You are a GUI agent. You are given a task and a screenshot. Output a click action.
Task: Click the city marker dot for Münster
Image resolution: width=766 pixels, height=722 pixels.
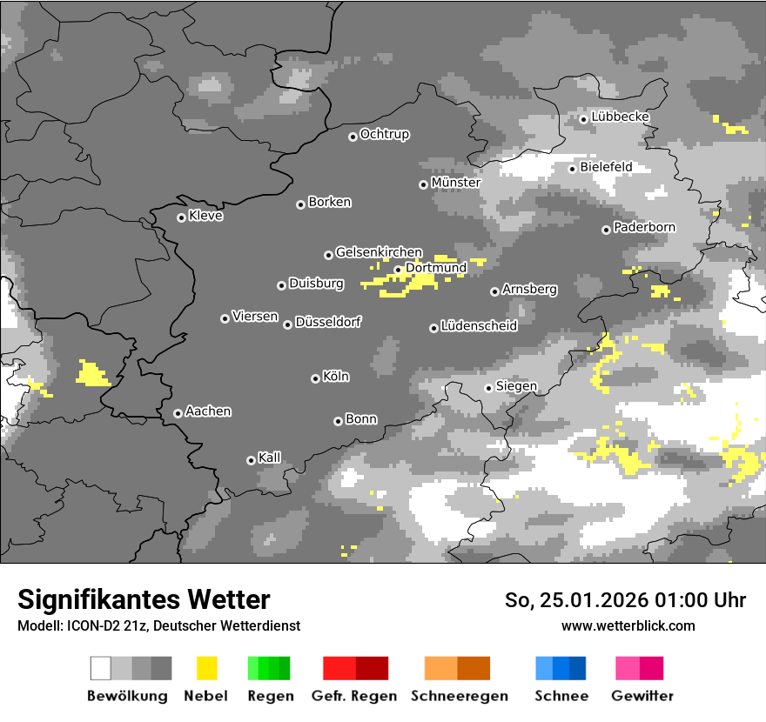click(423, 184)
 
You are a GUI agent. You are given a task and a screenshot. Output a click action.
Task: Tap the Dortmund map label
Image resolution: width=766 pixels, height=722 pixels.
click(436, 268)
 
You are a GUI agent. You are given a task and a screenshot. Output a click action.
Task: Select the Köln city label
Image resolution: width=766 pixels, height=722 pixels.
click(336, 377)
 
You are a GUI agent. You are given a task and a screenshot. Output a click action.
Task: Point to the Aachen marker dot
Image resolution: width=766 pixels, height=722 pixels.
click(178, 413)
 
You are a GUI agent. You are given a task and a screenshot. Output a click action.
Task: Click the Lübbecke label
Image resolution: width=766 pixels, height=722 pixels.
click(621, 117)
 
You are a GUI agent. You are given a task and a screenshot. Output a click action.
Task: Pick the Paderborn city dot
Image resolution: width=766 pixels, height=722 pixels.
click(606, 230)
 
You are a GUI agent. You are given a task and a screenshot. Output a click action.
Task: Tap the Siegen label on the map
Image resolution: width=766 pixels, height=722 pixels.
click(516, 386)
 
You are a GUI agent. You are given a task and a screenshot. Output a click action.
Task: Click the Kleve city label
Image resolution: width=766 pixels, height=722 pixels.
click(206, 216)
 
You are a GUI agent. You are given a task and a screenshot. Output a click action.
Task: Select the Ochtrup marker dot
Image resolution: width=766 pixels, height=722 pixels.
click(353, 136)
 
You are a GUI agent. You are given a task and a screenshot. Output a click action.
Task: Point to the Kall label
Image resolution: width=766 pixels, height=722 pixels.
click(270, 458)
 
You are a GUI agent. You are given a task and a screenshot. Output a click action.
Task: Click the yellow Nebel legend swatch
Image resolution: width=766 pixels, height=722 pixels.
click(206, 668)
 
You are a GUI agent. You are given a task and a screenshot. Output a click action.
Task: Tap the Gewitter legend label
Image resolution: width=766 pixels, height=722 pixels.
click(642, 696)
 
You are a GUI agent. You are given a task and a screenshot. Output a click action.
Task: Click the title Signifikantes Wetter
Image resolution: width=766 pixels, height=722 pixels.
click(144, 599)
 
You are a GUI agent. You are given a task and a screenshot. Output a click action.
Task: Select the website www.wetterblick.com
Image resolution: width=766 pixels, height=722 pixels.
click(628, 625)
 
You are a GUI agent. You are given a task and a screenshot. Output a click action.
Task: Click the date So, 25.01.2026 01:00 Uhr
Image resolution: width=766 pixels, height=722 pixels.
click(625, 600)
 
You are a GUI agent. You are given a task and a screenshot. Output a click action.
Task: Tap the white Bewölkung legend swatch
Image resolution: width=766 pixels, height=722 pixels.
click(101, 668)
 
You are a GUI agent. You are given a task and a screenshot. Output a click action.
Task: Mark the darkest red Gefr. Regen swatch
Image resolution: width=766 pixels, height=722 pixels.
click(372, 668)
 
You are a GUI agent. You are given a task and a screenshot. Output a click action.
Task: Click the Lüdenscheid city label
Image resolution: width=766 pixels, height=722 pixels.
click(479, 326)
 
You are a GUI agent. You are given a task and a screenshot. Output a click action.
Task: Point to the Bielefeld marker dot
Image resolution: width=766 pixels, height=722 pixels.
click(572, 169)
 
